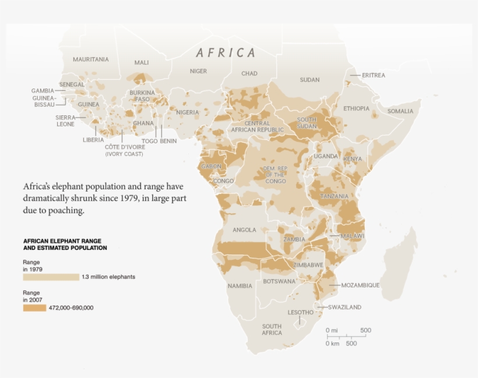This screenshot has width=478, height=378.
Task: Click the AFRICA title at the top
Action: click(226, 53)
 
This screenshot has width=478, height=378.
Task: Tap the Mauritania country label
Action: click(90, 59)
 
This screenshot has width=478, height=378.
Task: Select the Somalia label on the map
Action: click(400, 111)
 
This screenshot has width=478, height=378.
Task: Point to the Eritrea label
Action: click(373, 75)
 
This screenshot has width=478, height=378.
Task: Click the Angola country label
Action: click(244, 230)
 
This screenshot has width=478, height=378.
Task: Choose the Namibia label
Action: click(240, 286)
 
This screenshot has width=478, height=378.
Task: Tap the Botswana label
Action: click(279, 281)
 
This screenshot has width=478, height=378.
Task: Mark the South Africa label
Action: click(272, 330)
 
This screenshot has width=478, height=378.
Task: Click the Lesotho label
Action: click(300, 312)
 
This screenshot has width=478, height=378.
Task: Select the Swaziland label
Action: click(344, 307)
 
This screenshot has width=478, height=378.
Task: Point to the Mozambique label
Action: click(360, 285)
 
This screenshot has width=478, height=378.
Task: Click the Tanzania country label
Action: click(334, 196)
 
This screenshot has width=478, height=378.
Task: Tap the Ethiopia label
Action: click(356, 108)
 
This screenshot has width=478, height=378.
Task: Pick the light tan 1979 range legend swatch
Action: click(51, 277)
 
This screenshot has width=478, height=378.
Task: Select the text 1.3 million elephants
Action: click(108, 277)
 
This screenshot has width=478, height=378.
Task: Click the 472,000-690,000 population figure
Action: click(72, 308)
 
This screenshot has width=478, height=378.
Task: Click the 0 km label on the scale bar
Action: click(332, 344)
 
